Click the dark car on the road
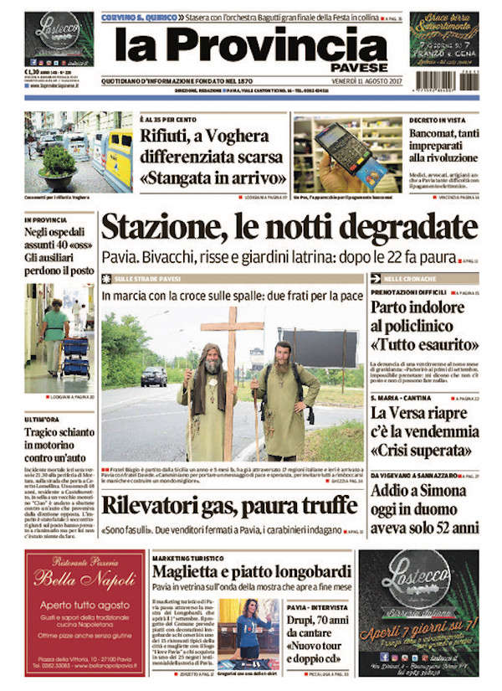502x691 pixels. [x=154, y=377]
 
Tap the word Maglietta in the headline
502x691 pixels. [x=188, y=571]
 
